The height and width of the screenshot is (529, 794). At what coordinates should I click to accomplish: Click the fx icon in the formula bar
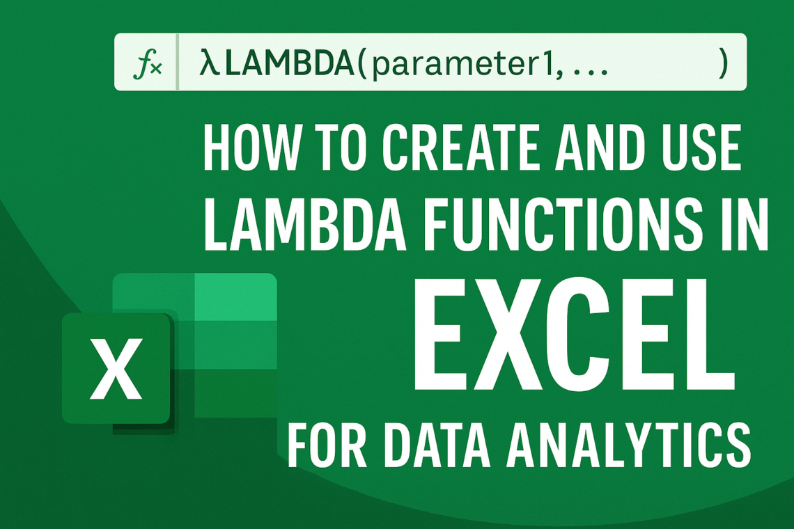[147, 66]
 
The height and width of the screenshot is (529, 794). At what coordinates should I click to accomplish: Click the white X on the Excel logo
[116, 368]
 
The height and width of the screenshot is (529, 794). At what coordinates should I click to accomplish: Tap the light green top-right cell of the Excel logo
[236, 297]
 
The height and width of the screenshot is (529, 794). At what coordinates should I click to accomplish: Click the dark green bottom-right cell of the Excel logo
[236, 393]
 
